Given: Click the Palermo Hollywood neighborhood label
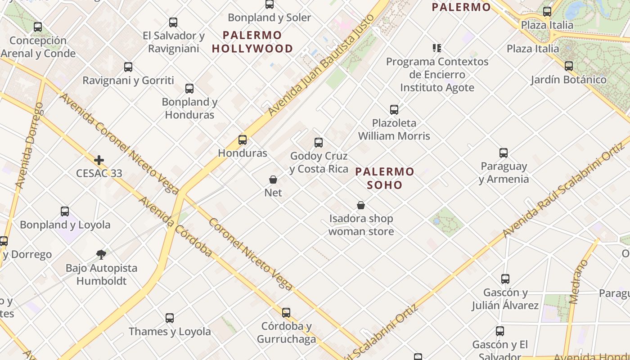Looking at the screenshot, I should (x=252, y=42).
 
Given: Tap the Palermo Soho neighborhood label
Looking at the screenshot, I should (x=385, y=178).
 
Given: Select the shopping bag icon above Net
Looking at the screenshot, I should (x=273, y=180).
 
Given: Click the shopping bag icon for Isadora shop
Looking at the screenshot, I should (x=361, y=206).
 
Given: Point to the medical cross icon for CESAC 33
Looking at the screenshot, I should (x=99, y=160).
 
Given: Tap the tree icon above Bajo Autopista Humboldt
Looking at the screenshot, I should (x=101, y=255).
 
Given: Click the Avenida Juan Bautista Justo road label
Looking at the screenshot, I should (x=321, y=66).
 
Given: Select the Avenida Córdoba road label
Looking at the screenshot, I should (x=175, y=226).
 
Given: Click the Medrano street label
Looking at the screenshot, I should (x=579, y=282).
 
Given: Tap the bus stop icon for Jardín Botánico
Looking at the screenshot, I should (x=569, y=66).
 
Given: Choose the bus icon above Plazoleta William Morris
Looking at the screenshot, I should (x=394, y=110).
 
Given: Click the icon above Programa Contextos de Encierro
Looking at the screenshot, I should (x=436, y=48).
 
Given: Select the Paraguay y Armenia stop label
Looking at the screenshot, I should (x=504, y=173).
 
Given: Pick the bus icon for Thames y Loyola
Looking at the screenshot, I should (x=170, y=318).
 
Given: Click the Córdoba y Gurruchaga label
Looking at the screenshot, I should (x=287, y=333).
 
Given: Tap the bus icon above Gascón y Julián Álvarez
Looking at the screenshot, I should (x=505, y=279).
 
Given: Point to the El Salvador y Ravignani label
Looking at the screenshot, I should (x=174, y=42).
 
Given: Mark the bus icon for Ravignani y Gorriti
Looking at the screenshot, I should (x=128, y=67).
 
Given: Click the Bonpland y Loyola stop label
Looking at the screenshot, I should (x=65, y=225).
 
